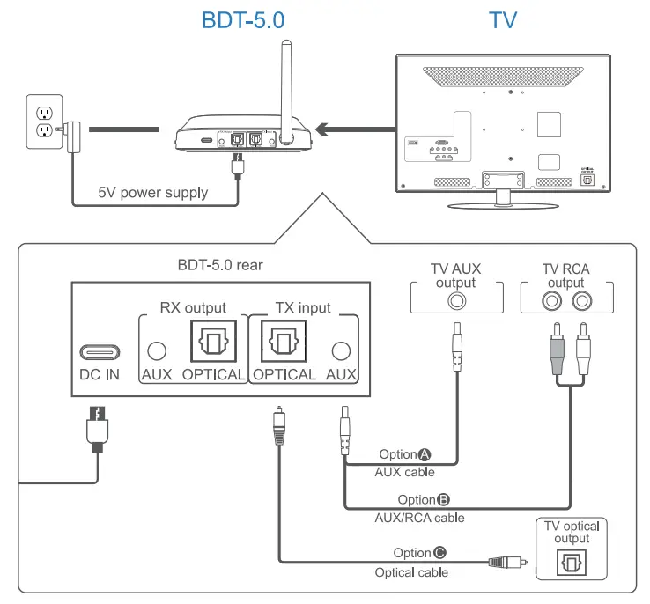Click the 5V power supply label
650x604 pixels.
[153, 192]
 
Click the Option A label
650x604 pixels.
[406, 454]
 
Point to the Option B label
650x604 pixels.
[425, 499]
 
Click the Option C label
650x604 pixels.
[419, 553]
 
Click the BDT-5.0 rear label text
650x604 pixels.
[219, 262]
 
